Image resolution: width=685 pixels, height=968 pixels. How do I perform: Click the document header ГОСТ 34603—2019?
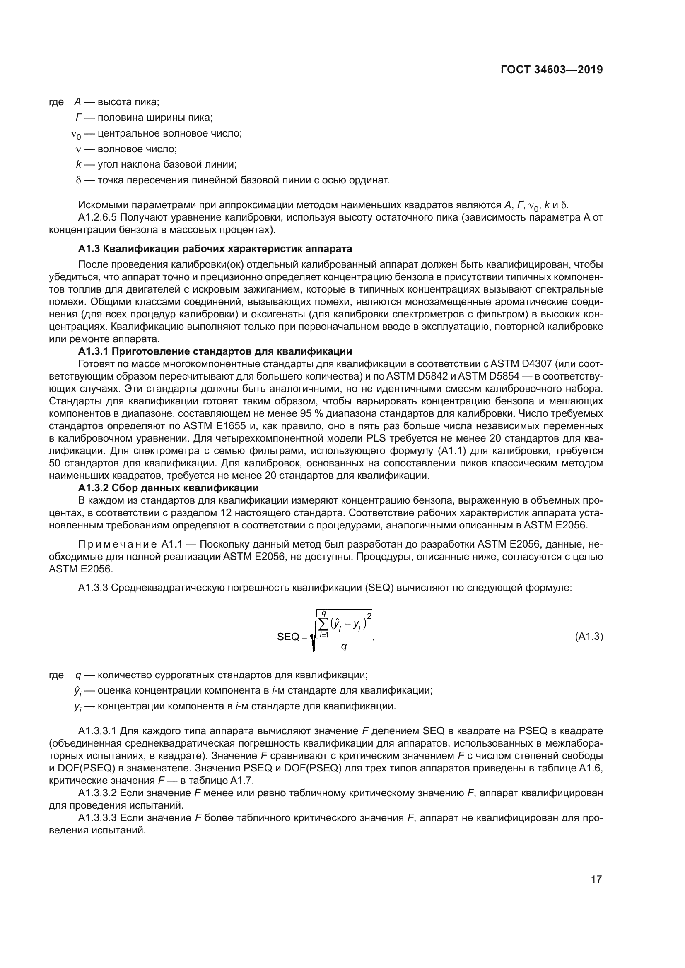click(x=552, y=70)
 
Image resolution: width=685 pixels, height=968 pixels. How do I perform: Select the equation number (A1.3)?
click(x=589, y=637)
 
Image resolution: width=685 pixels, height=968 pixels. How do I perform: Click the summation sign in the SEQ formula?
click(x=324, y=623)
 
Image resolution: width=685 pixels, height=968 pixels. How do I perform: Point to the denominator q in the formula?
click(x=344, y=647)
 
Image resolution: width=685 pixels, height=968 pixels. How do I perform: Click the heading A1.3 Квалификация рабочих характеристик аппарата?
click(x=215, y=249)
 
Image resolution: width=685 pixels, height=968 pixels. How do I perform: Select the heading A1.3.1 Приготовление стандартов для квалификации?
click(x=215, y=351)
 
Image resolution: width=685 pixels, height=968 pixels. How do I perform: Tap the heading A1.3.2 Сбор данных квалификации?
click(x=168, y=488)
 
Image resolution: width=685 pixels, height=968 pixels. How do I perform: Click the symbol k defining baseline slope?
click(x=78, y=164)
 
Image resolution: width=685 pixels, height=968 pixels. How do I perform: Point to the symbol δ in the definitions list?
click(x=78, y=180)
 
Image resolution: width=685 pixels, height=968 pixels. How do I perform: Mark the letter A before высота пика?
click(x=77, y=102)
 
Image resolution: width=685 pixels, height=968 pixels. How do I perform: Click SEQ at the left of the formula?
click(x=288, y=637)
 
